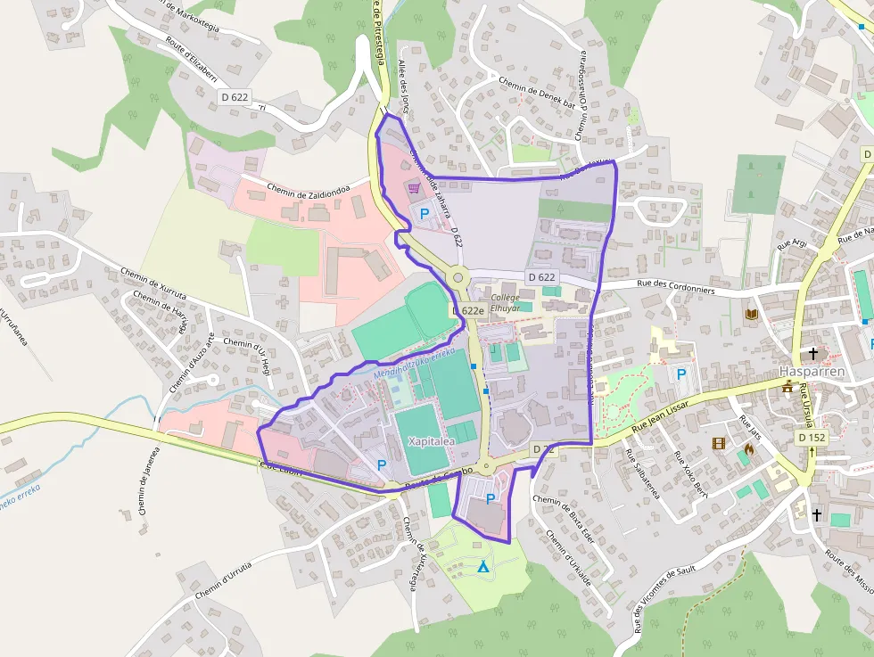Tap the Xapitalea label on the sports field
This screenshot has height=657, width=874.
point(431,441)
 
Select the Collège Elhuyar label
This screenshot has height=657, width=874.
point(505,302)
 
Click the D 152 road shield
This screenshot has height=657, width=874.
point(812,438)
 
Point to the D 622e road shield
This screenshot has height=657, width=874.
point(467,311)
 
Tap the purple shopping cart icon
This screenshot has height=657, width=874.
point(413,188)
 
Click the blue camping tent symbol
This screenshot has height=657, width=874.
point(483,566)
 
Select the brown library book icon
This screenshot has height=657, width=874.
point(751,315)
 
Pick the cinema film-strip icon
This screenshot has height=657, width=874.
point(719,443)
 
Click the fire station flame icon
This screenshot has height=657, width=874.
point(748,450)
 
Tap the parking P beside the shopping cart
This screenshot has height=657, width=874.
point(425,214)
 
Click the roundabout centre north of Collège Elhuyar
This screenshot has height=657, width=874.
point(458,277)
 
